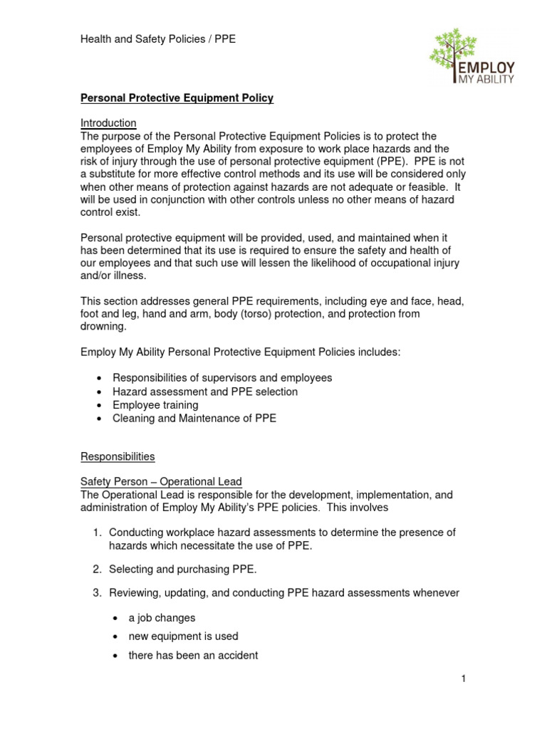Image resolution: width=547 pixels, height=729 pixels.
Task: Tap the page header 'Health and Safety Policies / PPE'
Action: pos(157,39)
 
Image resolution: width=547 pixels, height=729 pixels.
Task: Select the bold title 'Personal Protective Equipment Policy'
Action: pos(176,98)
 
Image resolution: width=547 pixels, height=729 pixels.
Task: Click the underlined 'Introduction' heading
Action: pos(108,123)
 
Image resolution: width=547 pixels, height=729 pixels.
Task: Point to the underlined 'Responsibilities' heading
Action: pos(117,456)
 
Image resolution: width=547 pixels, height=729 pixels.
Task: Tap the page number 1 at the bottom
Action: pos(463,678)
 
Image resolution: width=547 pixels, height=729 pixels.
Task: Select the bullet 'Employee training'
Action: pos(155,405)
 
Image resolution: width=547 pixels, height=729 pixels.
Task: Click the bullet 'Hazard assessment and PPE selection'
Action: pos(205,392)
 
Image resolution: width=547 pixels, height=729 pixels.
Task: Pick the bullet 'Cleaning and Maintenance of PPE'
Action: pos(194,419)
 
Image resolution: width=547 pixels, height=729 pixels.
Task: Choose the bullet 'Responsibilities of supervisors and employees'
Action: pos(222,378)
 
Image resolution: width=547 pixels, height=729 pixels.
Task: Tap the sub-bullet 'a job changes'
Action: pos(162,618)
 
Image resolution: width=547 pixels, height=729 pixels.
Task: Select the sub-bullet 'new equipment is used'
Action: pos(183,636)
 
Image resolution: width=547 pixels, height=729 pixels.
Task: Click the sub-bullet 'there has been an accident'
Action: pos(193,655)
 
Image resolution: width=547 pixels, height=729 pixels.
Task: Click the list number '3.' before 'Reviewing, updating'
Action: pos(99,593)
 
